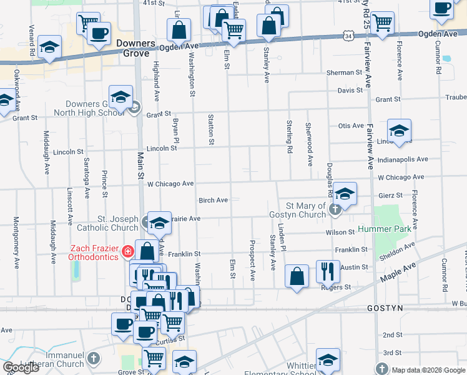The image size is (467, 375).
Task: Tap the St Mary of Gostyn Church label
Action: tap(307, 210)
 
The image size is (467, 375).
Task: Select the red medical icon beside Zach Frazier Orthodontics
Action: tap(127, 251)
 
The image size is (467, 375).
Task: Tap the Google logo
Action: tap(21, 367)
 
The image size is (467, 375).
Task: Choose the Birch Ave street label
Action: tap(213, 200)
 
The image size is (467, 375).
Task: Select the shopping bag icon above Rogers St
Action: tap(297, 276)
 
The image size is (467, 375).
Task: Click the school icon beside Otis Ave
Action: tap(399, 130)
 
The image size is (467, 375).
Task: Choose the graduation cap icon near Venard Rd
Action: tap(49, 47)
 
